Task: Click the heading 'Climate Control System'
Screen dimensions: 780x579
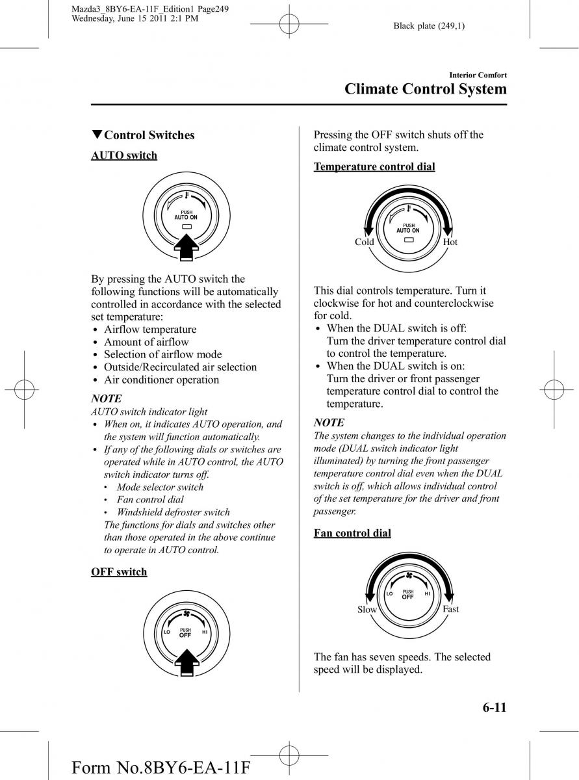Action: (x=425, y=90)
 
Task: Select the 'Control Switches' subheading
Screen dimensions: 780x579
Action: (x=149, y=135)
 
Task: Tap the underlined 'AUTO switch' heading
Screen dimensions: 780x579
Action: (x=124, y=155)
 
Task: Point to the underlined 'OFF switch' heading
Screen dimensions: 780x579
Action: (x=119, y=572)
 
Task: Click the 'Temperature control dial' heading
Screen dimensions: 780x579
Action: (x=374, y=167)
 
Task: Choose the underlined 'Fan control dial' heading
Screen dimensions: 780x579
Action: (x=352, y=534)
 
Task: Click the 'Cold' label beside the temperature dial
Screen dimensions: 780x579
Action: (x=364, y=242)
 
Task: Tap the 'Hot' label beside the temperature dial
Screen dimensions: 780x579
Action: (x=450, y=242)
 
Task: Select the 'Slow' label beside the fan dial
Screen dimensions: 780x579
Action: (x=367, y=610)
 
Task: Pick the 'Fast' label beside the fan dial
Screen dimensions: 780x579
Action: (x=450, y=609)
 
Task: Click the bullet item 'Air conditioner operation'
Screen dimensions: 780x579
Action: (x=161, y=380)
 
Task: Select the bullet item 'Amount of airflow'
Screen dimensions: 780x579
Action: (x=146, y=342)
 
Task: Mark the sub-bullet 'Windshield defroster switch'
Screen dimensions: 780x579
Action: (x=173, y=512)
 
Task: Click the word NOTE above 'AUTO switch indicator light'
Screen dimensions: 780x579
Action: (x=106, y=398)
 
